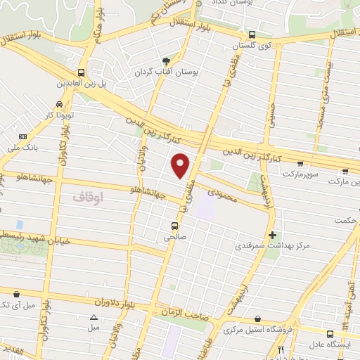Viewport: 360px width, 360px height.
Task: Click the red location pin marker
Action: point(181,166)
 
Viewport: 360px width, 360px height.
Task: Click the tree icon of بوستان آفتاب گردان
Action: point(166,61)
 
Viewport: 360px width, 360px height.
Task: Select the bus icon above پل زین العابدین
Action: point(83,72)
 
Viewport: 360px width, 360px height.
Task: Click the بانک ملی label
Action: point(21,148)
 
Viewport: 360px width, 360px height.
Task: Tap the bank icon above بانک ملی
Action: point(22,136)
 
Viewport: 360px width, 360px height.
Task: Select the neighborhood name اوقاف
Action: point(87,198)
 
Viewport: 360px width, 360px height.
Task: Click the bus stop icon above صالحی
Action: point(174,226)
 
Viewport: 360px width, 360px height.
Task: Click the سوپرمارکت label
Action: point(302,172)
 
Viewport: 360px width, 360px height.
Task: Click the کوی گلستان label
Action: point(253,45)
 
